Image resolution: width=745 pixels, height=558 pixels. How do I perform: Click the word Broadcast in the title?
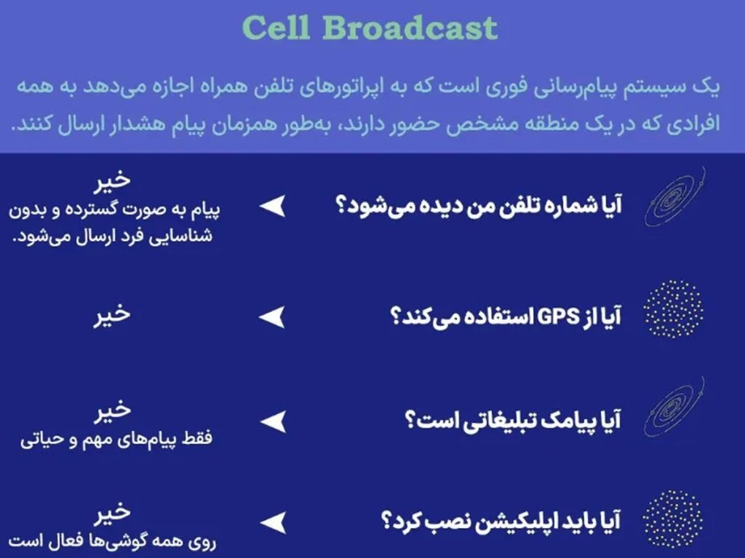pyautogui.click(x=410, y=28)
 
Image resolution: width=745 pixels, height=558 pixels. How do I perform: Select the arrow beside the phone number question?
pyautogui.click(x=272, y=207)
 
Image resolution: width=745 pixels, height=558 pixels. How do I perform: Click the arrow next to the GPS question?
pyautogui.click(x=272, y=317)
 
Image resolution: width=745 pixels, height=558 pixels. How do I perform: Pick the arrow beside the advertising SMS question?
pyautogui.click(x=272, y=421)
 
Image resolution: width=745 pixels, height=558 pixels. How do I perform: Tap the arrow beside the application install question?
pyautogui.click(x=272, y=522)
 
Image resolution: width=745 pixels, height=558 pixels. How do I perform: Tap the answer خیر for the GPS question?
pyautogui.click(x=111, y=314)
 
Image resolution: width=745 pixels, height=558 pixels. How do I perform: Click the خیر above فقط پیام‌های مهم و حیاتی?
pyautogui.click(x=111, y=410)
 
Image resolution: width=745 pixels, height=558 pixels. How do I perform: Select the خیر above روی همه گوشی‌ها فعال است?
pyautogui.click(x=111, y=511)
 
